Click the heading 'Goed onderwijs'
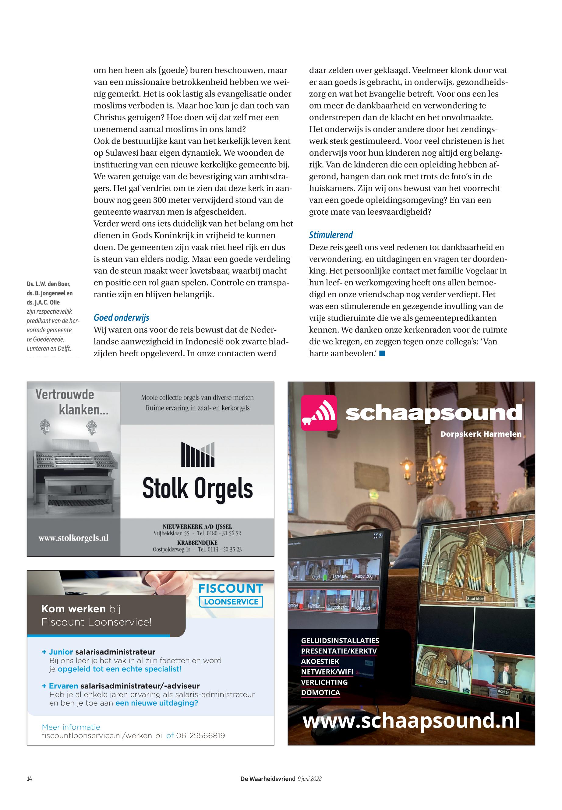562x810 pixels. pos(121,318)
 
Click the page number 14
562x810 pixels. pos(29,779)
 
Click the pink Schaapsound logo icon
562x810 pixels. pos(319,413)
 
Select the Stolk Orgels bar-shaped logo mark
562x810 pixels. pos(198,454)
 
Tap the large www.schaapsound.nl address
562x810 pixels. pos(411,720)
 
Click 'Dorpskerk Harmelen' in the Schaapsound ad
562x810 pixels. pos(481,434)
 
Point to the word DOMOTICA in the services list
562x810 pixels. pos(320,692)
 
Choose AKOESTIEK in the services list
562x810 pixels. pos(320,661)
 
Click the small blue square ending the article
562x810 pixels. pos(382,354)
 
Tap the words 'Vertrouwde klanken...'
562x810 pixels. pos(72,402)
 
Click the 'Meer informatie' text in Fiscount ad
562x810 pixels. pos(71,727)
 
